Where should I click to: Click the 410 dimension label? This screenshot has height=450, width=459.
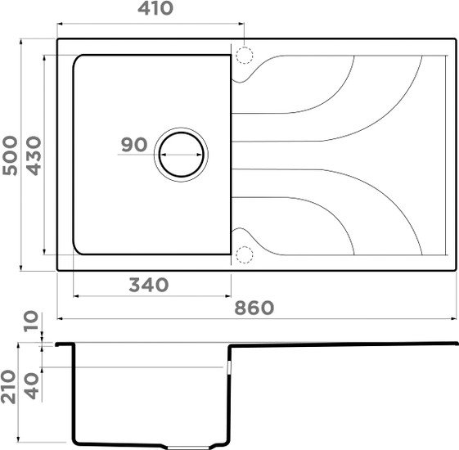pos(155,9)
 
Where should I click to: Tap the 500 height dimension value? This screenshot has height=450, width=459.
pos(10,155)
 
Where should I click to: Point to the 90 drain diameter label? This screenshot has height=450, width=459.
pos(134,145)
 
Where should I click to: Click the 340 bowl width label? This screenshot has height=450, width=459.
pos(149,285)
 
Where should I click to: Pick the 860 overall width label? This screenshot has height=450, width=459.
pos(254,308)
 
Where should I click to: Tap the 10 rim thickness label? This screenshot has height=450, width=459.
pos(31,322)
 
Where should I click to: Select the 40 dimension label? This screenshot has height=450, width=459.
pos(31,386)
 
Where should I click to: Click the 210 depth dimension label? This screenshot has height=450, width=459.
pos(8,387)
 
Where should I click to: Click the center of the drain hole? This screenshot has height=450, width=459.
pos(181,155)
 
